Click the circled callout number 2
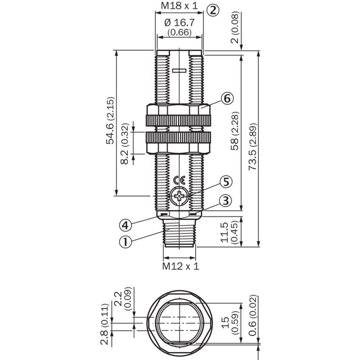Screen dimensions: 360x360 click(x=213, y=10)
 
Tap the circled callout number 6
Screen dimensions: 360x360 click(x=227, y=99)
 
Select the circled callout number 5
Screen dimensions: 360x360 click(x=226, y=182)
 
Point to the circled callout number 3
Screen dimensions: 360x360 click(x=226, y=200)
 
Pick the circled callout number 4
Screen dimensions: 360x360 click(x=126, y=225)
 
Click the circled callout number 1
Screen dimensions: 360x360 click(x=126, y=242)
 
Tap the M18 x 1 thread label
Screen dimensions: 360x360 click(x=179, y=5)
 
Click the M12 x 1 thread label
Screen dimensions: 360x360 click(x=181, y=266)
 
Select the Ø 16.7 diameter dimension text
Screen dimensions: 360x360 click(x=180, y=23)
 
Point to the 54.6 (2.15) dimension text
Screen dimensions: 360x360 click(x=110, y=121)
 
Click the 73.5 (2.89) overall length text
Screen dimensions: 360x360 click(x=253, y=147)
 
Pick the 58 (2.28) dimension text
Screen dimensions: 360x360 click(x=234, y=131)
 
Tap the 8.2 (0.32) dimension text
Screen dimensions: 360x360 click(x=125, y=144)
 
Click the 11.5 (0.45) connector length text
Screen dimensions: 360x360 click(x=229, y=232)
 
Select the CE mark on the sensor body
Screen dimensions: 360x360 click(x=179, y=181)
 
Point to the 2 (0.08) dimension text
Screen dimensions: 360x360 click(x=234, y=27)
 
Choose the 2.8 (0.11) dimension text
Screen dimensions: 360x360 click(x=104, y=324)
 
